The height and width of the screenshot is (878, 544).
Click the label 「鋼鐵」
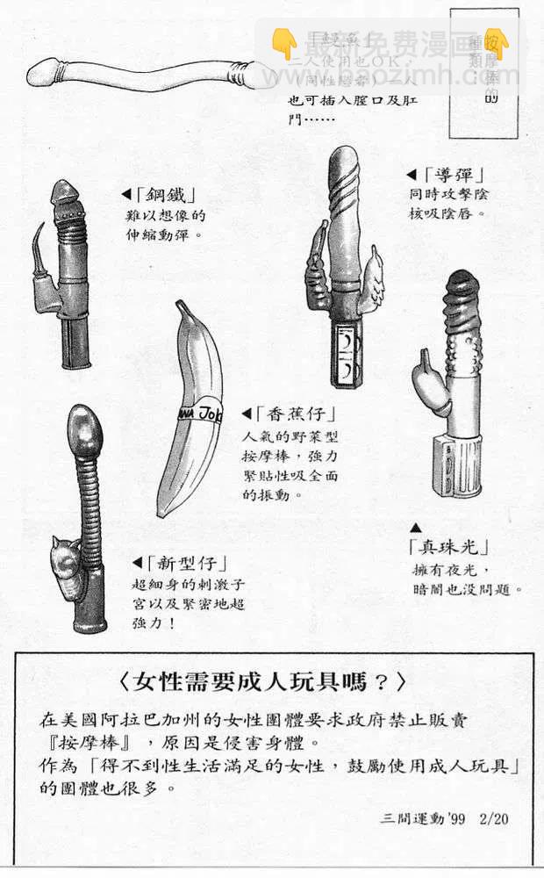(x=168, y=195)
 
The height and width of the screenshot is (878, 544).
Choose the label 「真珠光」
(x=447, y=546)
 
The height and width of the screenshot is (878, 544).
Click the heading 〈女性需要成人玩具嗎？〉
(x=262, y=681)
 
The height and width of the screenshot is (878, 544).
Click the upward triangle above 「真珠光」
(x=416, y=527)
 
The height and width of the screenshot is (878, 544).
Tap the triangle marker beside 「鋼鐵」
(x=126, y=195)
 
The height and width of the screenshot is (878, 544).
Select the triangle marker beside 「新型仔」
(x=137, y=563)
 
